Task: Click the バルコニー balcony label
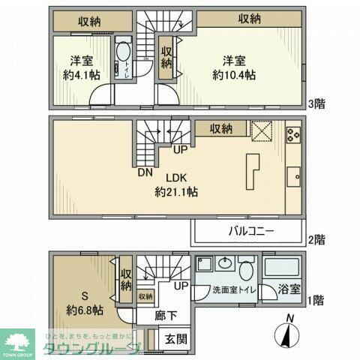[x=250, y=231]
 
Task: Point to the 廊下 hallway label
[x=165, y=316]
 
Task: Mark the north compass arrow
[x=289, y=334]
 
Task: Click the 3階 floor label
[x=316, y=103]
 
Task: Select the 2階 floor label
[x=316, y=241]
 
